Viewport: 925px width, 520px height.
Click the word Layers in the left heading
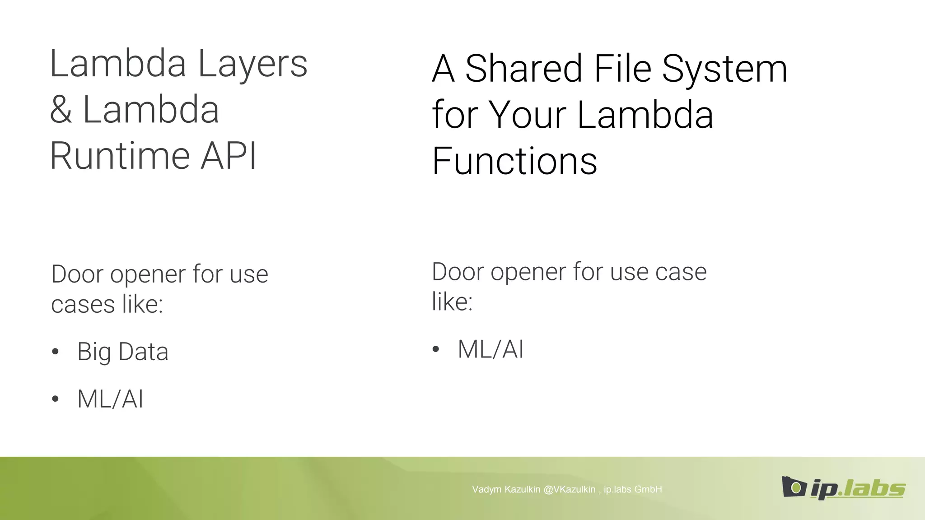(252, 64)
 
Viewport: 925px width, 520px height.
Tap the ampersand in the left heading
(61, 110)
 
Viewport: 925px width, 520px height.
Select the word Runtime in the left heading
(120, 156)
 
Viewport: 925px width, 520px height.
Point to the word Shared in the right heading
(523, 69)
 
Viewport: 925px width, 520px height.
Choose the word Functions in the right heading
(514, 161)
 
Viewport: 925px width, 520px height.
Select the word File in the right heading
(623, 69)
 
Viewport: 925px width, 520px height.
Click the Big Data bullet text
(123, 352)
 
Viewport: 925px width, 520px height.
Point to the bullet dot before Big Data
(55, 352)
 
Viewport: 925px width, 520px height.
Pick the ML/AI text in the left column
(110, 399)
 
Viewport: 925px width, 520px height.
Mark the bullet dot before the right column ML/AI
(435, 349)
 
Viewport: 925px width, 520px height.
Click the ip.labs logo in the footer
(843, 488)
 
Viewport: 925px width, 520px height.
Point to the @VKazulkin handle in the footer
(570, 489)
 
